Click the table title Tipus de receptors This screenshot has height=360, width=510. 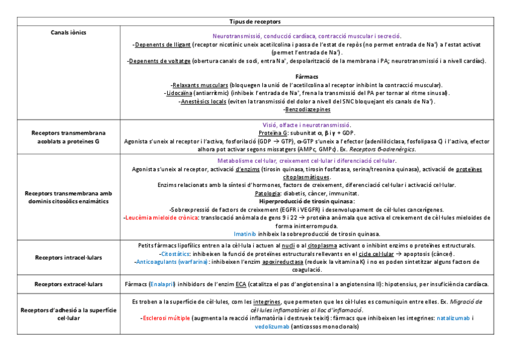pyautogui.click(x=255, y=22)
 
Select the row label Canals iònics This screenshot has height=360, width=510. pyautogui.click(x=68, y=31)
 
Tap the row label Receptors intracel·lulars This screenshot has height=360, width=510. pyautogui.click(x=68, y=258)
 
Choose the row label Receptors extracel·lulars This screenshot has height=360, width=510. pyautogui.click(x=68, y=284)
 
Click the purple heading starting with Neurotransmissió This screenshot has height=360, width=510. pyautogui.click(x=307, y=36)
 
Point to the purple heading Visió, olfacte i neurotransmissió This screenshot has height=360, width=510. pyautogui.click(x=307, y=124)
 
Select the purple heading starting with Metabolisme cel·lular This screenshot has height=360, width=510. pyautogui.click(x=307, y=161)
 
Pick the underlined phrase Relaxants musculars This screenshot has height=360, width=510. pyautogui.click(x=200, y=85)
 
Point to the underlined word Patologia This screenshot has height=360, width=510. pyautogui.click(x=268, y=194)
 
